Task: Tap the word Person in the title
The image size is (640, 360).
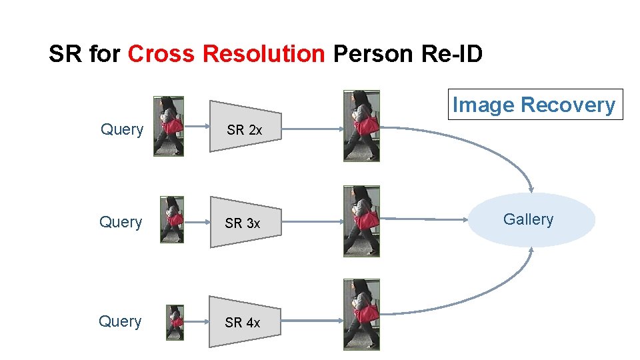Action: pos(374,53)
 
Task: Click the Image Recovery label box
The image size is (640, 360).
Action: pos(534,105)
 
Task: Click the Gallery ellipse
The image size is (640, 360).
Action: pos(531,220)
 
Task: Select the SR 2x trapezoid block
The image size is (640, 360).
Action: pos(245,130)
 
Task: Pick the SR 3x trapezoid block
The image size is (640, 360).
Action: pos(243,223)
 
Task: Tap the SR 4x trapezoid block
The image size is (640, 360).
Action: pos(243,322)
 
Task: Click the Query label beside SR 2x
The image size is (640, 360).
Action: pos(122,129)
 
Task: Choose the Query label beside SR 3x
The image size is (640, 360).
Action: pos(121,222)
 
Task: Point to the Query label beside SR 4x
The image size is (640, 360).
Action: pos(120,321)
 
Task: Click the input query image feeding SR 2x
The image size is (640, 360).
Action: pos(169,126)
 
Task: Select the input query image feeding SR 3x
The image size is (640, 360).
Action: pos(172,219)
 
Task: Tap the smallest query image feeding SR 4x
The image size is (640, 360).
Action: pos(175,323)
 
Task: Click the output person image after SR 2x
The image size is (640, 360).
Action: pos(361,126)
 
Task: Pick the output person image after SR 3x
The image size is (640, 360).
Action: pos(361,221)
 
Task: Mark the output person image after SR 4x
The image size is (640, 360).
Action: pos(361,313)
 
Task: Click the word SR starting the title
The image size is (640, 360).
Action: pos(65,53)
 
